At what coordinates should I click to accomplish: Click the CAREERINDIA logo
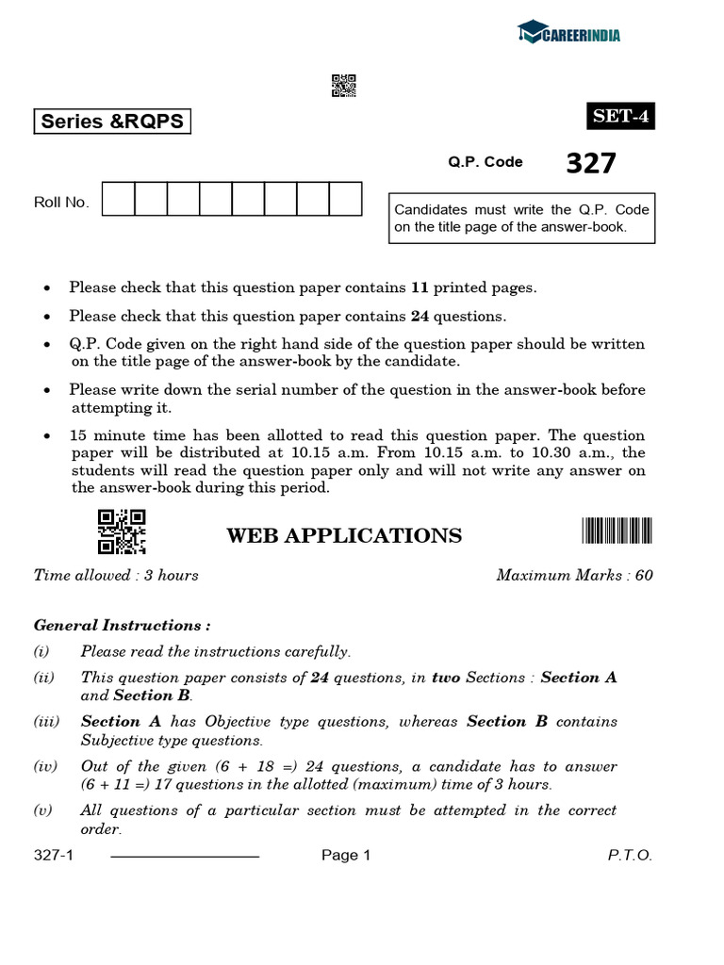coord(568,35)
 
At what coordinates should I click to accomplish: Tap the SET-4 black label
coord(619,117)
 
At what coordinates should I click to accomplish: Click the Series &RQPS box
coord(111,122)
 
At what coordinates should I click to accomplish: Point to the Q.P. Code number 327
coord(591,164)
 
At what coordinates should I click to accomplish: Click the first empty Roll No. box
coord(118,200)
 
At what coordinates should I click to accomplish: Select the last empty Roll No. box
coord(345,200)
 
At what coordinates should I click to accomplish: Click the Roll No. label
coord(61,203)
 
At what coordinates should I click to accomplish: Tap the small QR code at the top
coord(344,86)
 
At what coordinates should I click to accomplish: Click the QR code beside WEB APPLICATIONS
coord(122,532)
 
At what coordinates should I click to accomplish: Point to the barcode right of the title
coord(617,532)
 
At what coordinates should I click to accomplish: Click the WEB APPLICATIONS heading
coord(344,536)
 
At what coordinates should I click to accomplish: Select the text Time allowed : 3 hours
coord(116,575)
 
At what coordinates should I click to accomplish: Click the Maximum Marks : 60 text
coord(574,575)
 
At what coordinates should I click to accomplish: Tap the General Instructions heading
coord(122,625)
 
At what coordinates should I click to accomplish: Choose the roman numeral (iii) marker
coord(46,722)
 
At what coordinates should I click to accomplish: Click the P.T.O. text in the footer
coord(629,856)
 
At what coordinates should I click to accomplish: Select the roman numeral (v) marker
coord(44,810)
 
